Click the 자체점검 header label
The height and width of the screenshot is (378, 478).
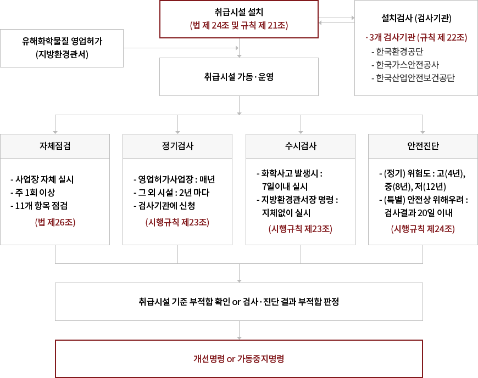(55, 146)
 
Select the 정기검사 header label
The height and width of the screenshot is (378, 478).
(177, 146)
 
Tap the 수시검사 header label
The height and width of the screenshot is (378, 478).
(301, 146)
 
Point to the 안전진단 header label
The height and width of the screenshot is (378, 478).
(423, 146)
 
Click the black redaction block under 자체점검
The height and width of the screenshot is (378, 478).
(42, 192)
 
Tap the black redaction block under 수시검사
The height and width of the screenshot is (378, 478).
(297, 193)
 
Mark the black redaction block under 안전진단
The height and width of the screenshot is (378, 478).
(420, 193)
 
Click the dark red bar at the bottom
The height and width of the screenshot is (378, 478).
(238, 358)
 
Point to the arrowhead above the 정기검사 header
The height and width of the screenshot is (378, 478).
(177, 131)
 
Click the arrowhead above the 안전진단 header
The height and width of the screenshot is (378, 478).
(423, 131)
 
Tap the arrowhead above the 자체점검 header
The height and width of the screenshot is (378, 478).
(55, 131)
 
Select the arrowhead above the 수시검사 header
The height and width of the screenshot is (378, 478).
(301, 131)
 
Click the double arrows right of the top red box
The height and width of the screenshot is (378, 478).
(336, 21)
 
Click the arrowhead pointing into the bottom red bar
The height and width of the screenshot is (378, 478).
(239, 336)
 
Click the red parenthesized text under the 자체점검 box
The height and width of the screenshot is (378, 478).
(55, 223)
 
